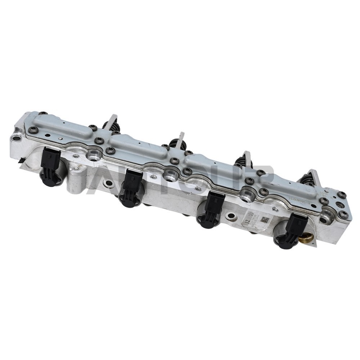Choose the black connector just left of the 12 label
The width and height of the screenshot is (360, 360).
212,210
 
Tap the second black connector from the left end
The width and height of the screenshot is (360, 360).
131,187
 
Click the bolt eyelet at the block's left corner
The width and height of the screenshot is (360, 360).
16,137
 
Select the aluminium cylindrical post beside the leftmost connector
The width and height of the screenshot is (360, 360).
77,176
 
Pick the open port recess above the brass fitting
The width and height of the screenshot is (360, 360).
325,218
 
